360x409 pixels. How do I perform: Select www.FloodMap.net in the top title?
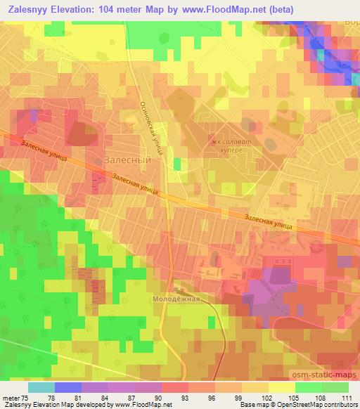(x=226, y=9)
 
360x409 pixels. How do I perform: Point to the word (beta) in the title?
(x=281, y=9)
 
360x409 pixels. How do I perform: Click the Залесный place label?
(x=128, y=160)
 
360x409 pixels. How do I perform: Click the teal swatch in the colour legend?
(x=41, y=387)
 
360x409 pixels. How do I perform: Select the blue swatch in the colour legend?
(x=68, y=387)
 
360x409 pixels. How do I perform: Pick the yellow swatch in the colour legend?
(x=282, y=387)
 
